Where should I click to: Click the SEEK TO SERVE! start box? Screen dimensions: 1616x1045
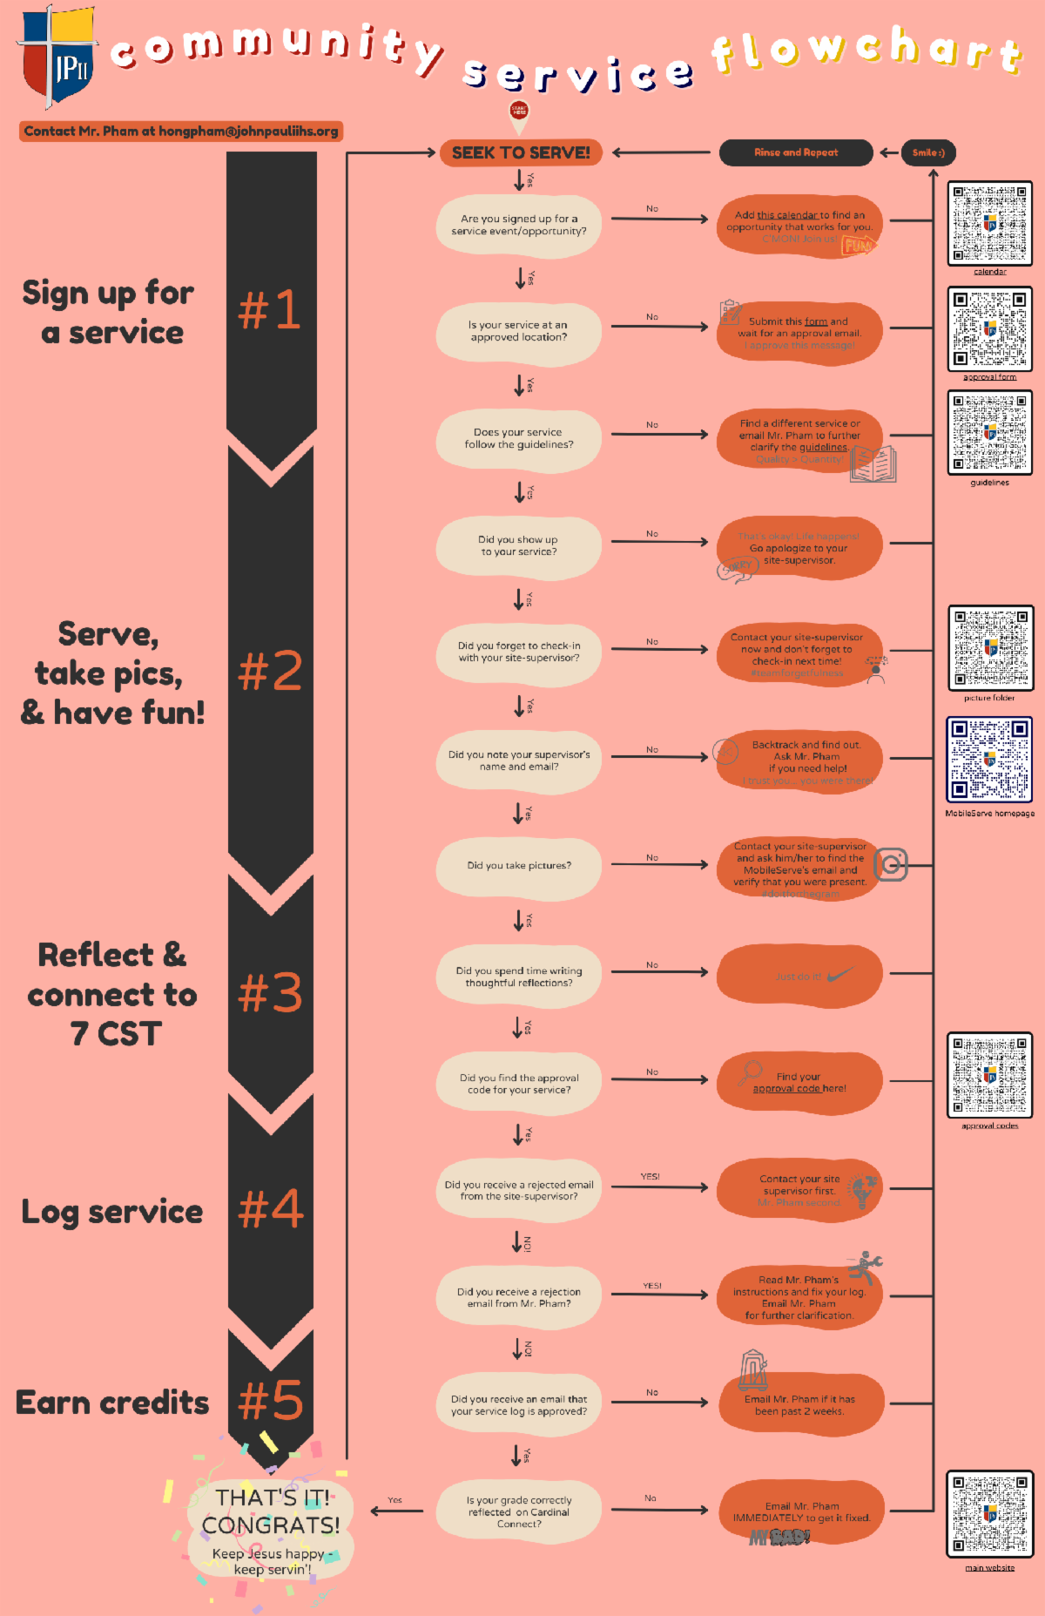click(521, 152)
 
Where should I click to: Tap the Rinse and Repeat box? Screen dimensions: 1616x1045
click(795, 152)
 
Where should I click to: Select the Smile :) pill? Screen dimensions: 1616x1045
click(927, 152)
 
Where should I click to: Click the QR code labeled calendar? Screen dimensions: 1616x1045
click(989, 224)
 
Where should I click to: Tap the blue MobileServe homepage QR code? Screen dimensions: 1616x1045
click(989, 760)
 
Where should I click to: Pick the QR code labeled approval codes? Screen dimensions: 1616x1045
click(989, 1075)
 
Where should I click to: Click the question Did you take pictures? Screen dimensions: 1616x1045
click(519, 866)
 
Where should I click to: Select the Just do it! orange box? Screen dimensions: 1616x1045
click(799, 977)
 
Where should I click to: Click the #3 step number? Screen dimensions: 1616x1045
click(271, 993)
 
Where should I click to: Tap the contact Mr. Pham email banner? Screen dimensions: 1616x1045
click(181, 132)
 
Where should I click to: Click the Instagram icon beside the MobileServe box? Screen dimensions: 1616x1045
click(891, 864)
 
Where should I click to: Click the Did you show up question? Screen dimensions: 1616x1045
click(519, 546)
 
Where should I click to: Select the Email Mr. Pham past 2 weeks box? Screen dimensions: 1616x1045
click(799, 1404)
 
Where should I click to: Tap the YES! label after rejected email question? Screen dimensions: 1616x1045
click(651, 1177)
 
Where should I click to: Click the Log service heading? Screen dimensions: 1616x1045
click(112, 1212)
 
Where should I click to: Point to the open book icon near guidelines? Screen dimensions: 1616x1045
click(873, 464)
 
